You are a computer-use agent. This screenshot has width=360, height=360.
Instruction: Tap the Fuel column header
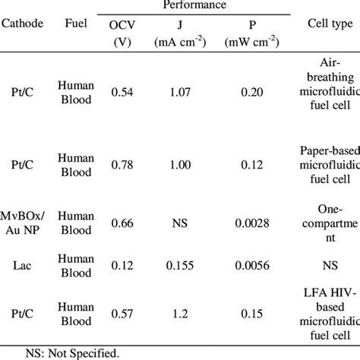76,24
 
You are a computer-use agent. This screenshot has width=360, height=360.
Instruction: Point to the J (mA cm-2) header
179,32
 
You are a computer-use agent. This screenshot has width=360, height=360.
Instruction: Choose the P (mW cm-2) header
246,32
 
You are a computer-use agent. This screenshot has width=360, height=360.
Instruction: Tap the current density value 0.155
179,267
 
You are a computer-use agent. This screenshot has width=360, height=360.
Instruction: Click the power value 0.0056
246,267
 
